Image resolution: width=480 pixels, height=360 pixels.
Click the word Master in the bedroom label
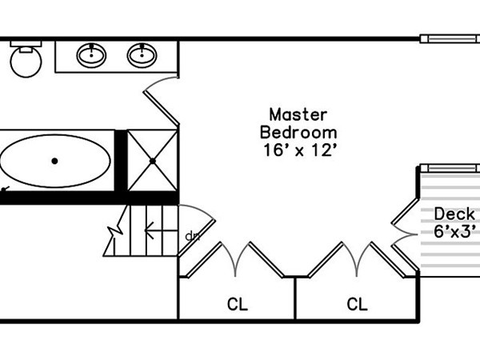(x=298, y=114)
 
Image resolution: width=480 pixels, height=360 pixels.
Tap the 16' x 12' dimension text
(x=301, y=150)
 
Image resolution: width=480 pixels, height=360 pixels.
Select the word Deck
(x=454, y=214)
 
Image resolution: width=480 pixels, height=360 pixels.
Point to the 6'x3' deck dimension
(x=455, y=231)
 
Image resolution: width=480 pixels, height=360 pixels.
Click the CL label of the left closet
(x=238, y=304)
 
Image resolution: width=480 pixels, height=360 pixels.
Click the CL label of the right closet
(x=357, y=304)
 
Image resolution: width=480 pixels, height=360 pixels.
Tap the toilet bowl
(x=26, y=62)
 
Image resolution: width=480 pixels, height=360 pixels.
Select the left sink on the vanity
(x=91, y=55)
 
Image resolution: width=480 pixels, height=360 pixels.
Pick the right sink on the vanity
(x=142, y=55)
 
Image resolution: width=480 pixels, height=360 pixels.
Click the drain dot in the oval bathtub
(x=54, y=161)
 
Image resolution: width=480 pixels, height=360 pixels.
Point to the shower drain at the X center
(x=153, y=161)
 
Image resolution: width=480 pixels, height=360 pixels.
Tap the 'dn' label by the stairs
(x=193, y=236)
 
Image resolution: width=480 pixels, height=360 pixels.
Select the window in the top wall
(x=450, y=39)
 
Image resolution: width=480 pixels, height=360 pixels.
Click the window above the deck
(x=450, y=168)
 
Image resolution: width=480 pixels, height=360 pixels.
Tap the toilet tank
(x=26, y=44)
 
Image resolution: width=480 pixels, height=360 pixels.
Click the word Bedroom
(x=298, y=133)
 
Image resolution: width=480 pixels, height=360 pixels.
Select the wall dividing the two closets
(x=295, y=298)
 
